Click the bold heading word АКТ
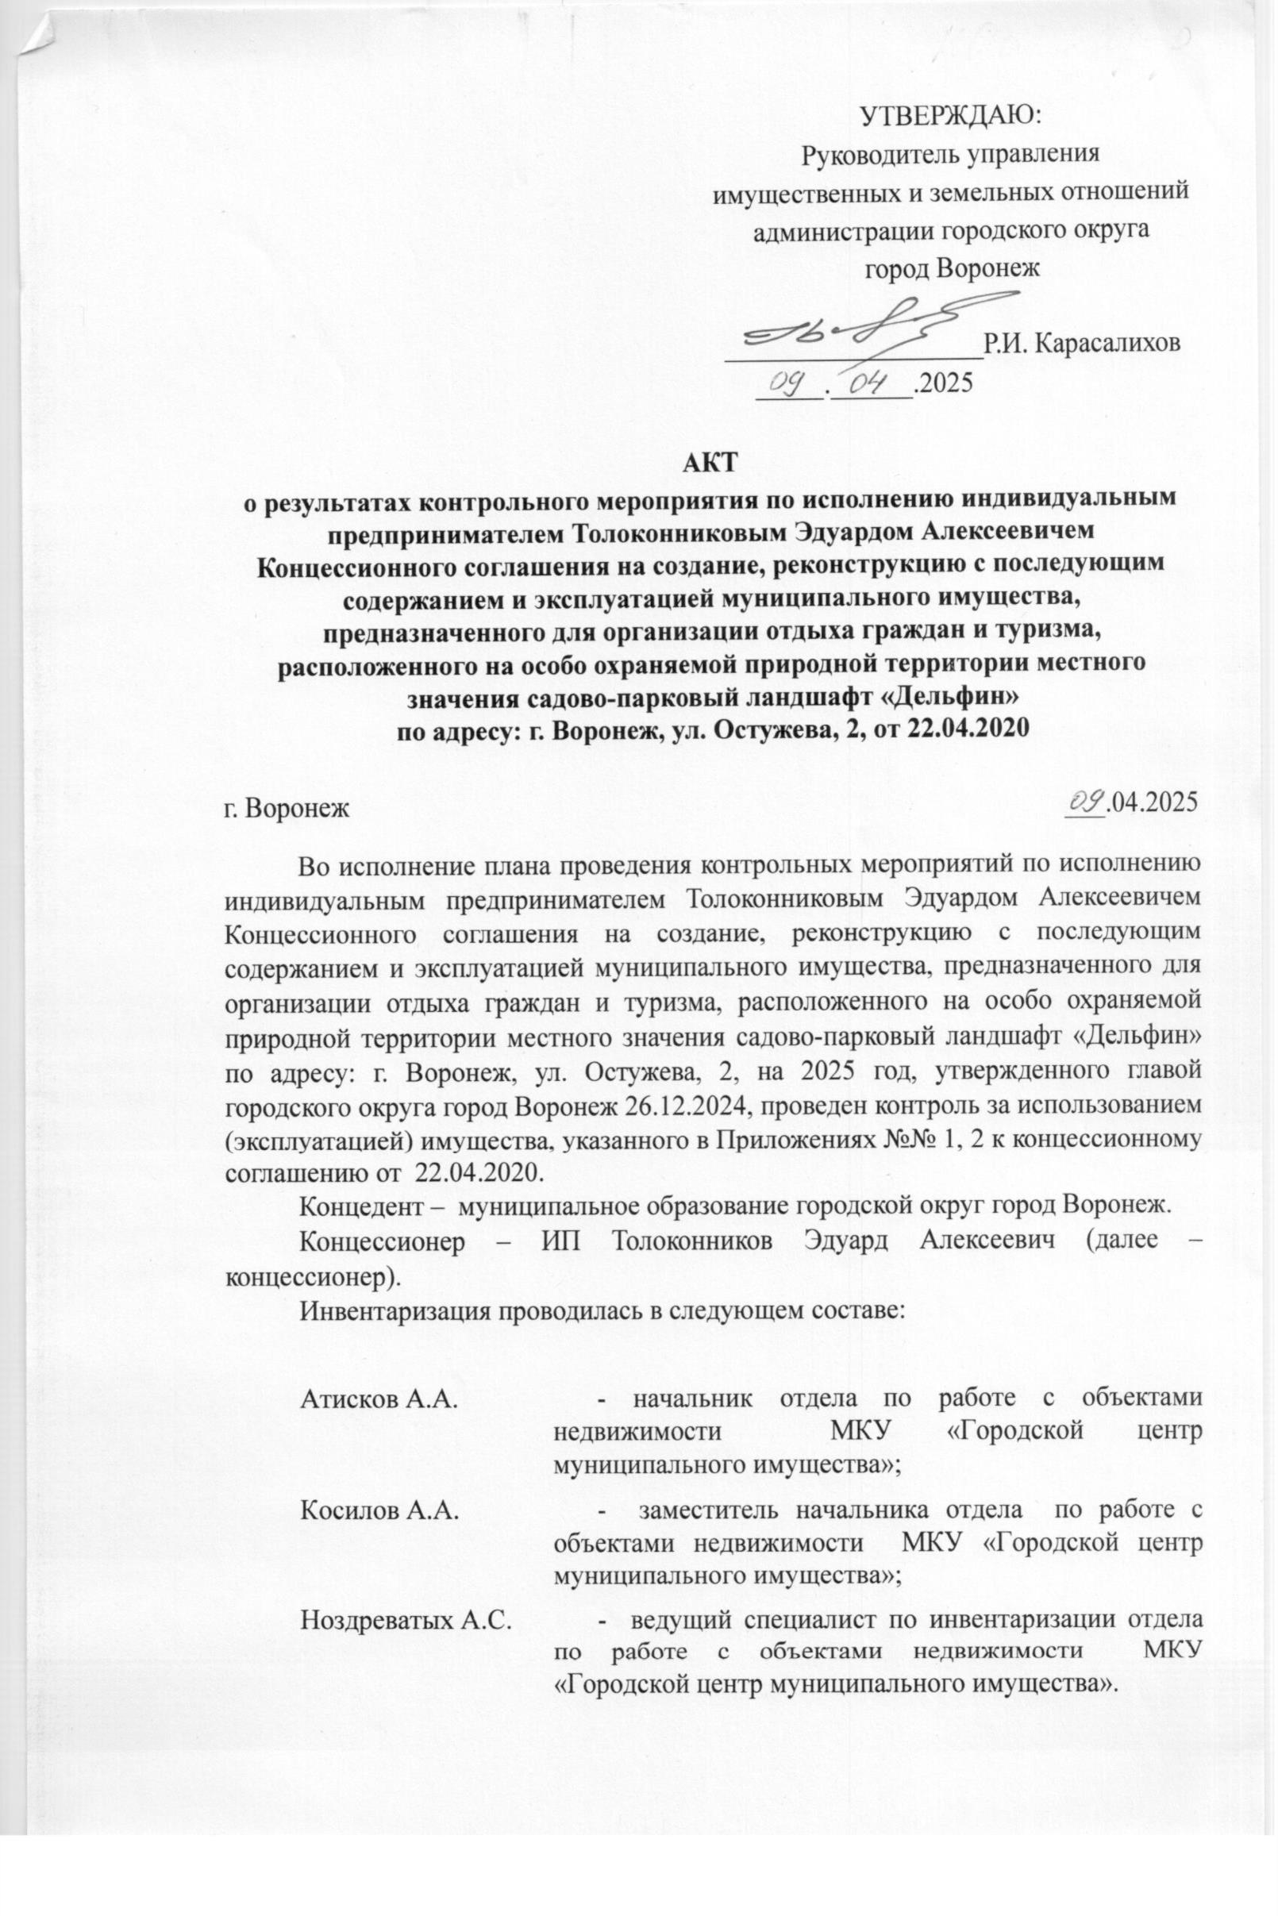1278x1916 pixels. (710, 462)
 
